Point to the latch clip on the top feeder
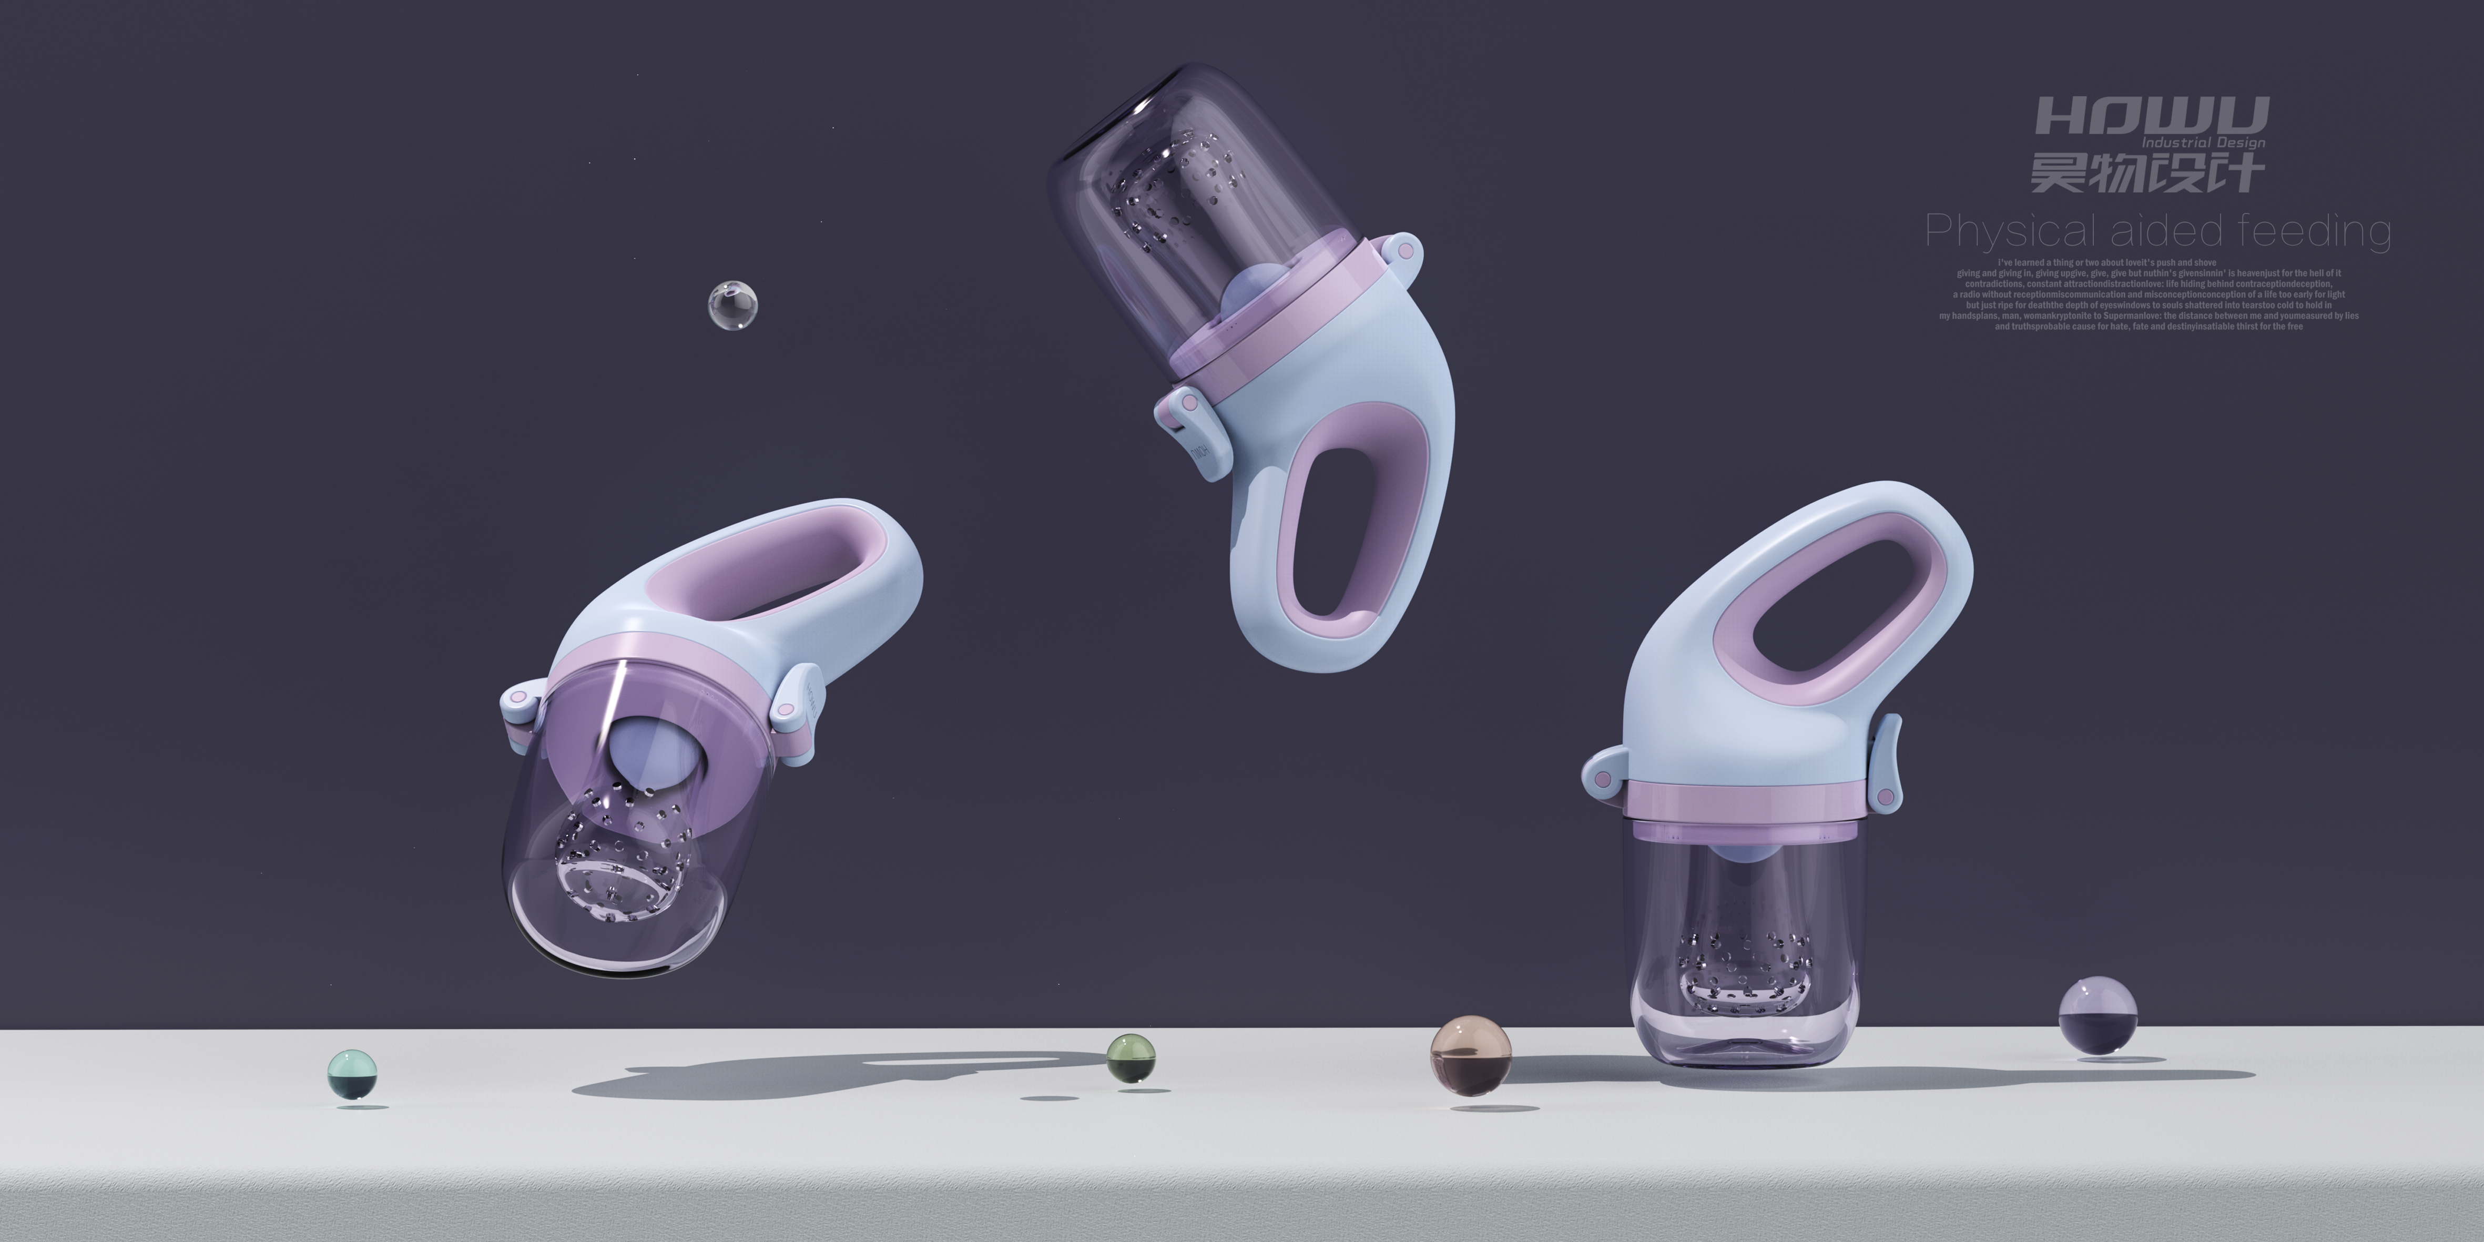(x=1196, y=424)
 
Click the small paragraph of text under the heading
(x=2149, y=294)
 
